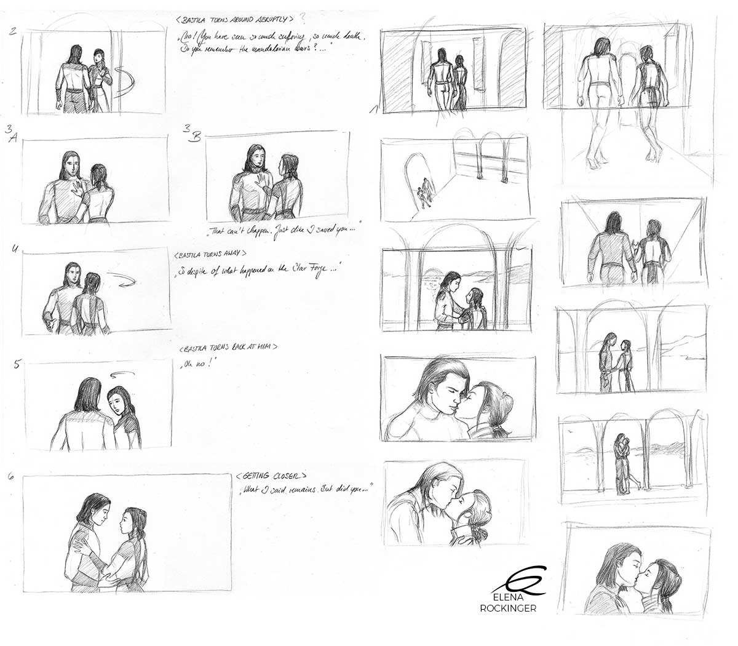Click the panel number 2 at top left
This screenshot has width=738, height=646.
coord(14,31)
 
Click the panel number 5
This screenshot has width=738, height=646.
coord(17,364)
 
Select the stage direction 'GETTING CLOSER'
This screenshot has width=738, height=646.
coord(270,477)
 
